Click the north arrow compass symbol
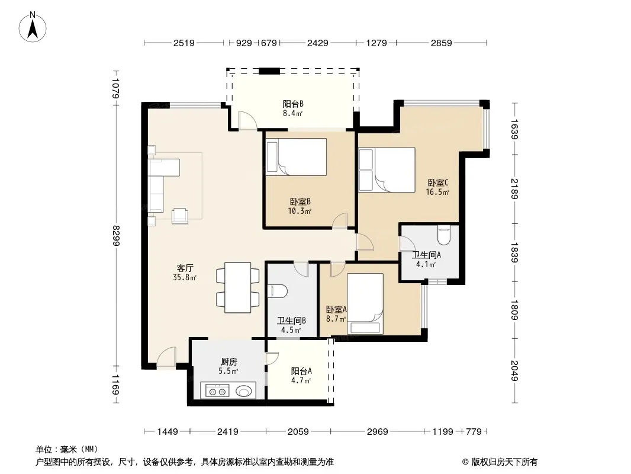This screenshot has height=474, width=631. pyautogui.click(x=33, y=27)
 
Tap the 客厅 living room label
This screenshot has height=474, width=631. pyautogui.click(x=185, y=268)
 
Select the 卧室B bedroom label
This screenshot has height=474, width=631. pyautogui.click(x=300, y=202)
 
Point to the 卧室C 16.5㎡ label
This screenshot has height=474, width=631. pyautogui.click(x=438, y=187)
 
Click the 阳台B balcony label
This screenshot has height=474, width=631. pyautogui.click(x=293, y=104)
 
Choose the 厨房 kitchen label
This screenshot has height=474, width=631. pyautogui.click(x=228, y=362)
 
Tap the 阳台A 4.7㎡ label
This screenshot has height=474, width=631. pyautogui.click(x=301, y=376)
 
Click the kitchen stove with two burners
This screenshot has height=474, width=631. pyautogui.click(x=217, y=390)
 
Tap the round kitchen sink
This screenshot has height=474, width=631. pyautogui.click(x=244, y=390)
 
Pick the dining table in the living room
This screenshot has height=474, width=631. pyautogui.click(x=238, y=287)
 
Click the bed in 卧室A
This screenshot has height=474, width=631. pyautogui.click(x=365, y=303)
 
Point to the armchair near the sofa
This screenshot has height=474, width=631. pyautogui.click(x=180, y=216)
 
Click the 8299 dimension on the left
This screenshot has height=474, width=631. pyautogui.click(x=116, y=236)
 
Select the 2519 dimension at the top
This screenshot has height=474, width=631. pyautogui.click(x=184, y=43)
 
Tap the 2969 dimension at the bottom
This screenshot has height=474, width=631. pyautogui.click(x=378, y=432)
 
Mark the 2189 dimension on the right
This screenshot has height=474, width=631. pyautogui.click(x=514, y=189)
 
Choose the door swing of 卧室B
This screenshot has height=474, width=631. pyautogui.click(x=340, y=220)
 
